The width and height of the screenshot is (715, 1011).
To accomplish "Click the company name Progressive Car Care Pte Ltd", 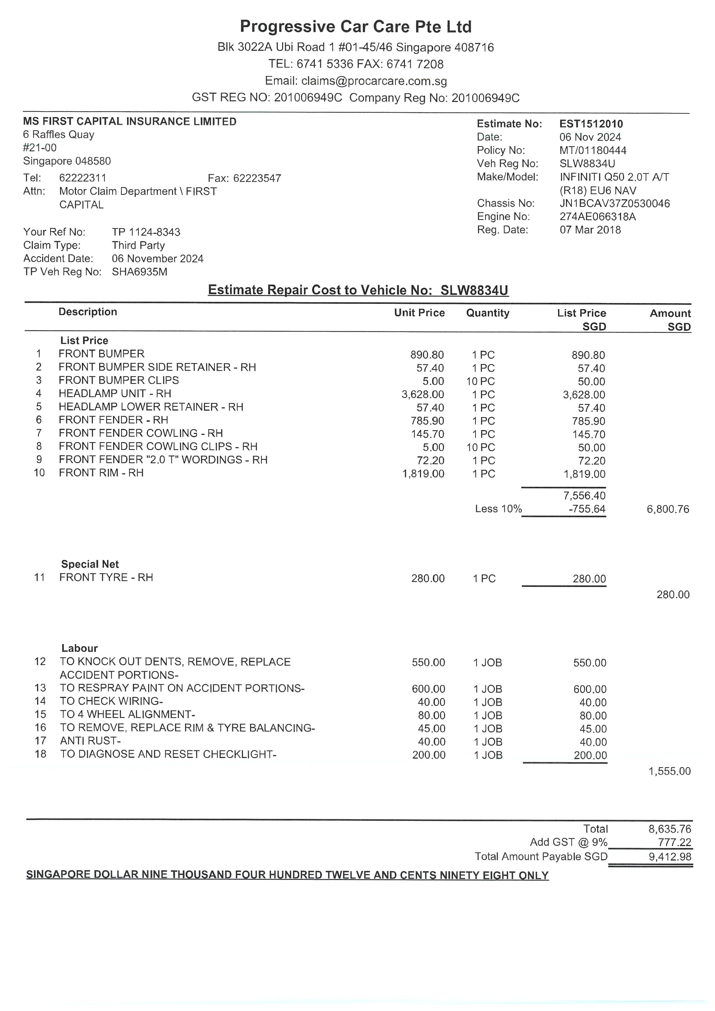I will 356,27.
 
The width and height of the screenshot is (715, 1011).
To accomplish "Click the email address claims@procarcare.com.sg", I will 374,81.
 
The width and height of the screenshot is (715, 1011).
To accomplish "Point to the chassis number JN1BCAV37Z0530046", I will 615,203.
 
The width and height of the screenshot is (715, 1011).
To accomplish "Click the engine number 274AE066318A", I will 597,217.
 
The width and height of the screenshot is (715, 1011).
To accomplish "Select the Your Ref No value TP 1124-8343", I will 146,232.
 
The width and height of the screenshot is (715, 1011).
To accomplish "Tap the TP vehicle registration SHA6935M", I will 139,272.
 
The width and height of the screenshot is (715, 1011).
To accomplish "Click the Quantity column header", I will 487,313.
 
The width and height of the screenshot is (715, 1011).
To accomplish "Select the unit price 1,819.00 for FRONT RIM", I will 423,474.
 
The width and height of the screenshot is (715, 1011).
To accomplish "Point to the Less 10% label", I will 498,509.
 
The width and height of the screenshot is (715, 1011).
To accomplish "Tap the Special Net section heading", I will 90,564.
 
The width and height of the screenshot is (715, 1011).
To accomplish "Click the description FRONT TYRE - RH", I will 106,577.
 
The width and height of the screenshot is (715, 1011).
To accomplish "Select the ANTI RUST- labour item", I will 90,741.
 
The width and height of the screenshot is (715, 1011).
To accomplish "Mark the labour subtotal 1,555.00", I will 669,771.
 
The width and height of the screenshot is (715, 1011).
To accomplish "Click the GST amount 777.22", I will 674,842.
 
